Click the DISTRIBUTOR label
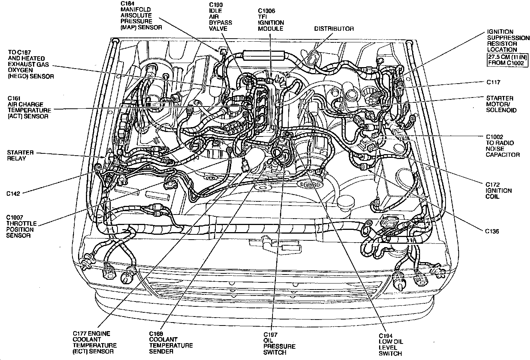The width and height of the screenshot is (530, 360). [x=334, y=28]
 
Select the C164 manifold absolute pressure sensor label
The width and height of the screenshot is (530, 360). [x=141, y=15]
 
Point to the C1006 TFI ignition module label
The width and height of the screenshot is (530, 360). [x=271, y=20]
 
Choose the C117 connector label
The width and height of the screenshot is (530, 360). [x=493, y=82]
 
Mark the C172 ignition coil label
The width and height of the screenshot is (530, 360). [x=498, y=190]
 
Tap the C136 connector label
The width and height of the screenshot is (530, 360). [x=492, y=231]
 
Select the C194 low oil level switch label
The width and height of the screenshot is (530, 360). [x=390, y=344]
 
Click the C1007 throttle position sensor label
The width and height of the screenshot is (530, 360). [x=21, y=226]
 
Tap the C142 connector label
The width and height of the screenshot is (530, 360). [x=13, y=193]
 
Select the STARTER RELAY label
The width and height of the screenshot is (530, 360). [x=20, y=156]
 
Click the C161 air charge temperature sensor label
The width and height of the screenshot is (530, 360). [x=29, y=107]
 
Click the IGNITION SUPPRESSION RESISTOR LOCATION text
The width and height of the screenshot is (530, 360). [x=508, y=40]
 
